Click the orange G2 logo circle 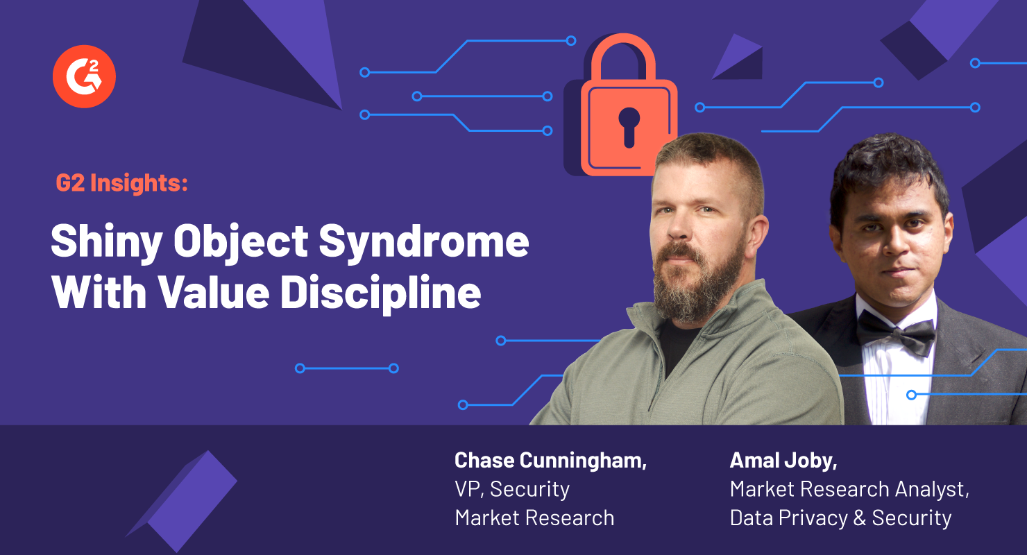84,76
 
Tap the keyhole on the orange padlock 629,125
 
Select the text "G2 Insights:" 121,184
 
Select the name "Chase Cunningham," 550,460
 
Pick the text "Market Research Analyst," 849,489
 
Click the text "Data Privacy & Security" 840,518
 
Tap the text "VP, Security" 512,489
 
